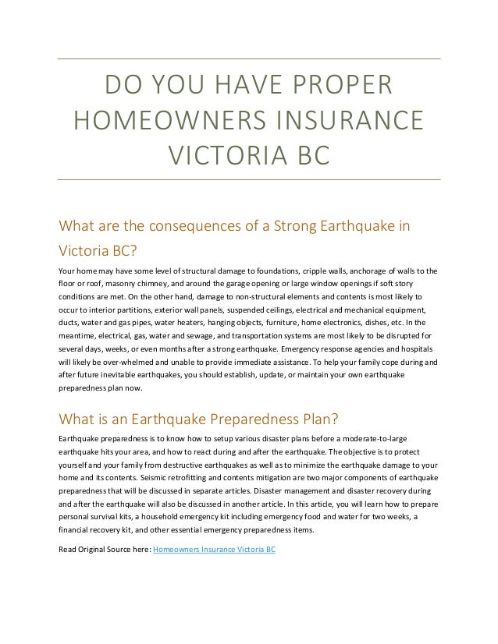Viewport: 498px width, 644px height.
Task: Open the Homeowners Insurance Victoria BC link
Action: click(x=215, y=549)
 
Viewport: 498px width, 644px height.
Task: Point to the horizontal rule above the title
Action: click(x=250, y=59)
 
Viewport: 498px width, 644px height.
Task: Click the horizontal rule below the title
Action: click(x=250, y=180)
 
